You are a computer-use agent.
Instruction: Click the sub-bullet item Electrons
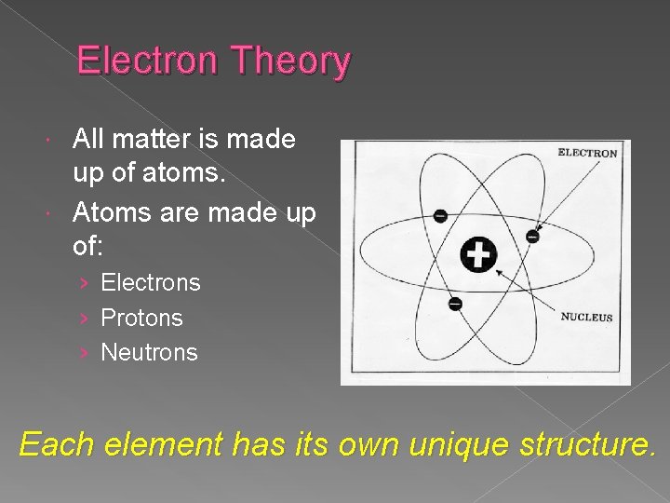click(150, 282)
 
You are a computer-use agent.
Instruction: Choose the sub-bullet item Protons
click(141, 318)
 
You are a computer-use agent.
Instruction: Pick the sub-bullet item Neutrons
click(149, 353)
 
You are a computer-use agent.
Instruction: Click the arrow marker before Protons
click(84, 319)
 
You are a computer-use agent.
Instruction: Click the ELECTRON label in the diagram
click(587, 153)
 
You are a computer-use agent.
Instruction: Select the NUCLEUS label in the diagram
click(586, 318)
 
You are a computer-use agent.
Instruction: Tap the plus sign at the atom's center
click(479, 254)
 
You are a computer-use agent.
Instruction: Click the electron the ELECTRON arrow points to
click(532, 237)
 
